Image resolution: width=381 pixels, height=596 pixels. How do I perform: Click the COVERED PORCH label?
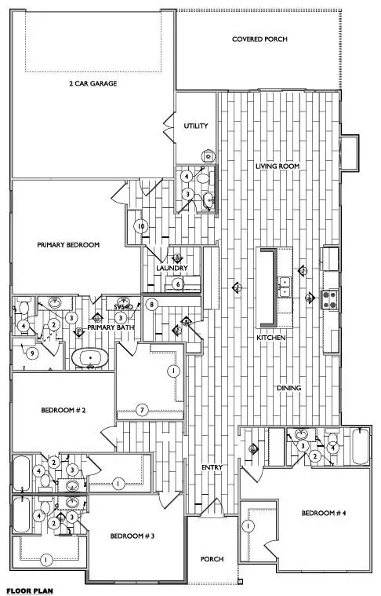click(259, 38)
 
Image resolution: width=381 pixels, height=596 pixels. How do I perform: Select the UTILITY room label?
click(195, 126)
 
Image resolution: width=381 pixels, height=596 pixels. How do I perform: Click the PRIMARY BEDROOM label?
click(69, 245)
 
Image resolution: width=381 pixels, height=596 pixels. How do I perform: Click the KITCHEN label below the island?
click(270, 338)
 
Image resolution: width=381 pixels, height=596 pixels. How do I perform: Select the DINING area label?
click(290, 387)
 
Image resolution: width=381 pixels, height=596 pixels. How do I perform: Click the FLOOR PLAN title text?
click(30, 588)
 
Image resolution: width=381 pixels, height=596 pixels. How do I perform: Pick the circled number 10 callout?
click(140, 226)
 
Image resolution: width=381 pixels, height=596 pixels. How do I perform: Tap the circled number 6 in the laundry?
click(178, 283)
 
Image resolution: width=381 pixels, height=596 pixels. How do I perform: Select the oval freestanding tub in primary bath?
click(93, 360)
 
